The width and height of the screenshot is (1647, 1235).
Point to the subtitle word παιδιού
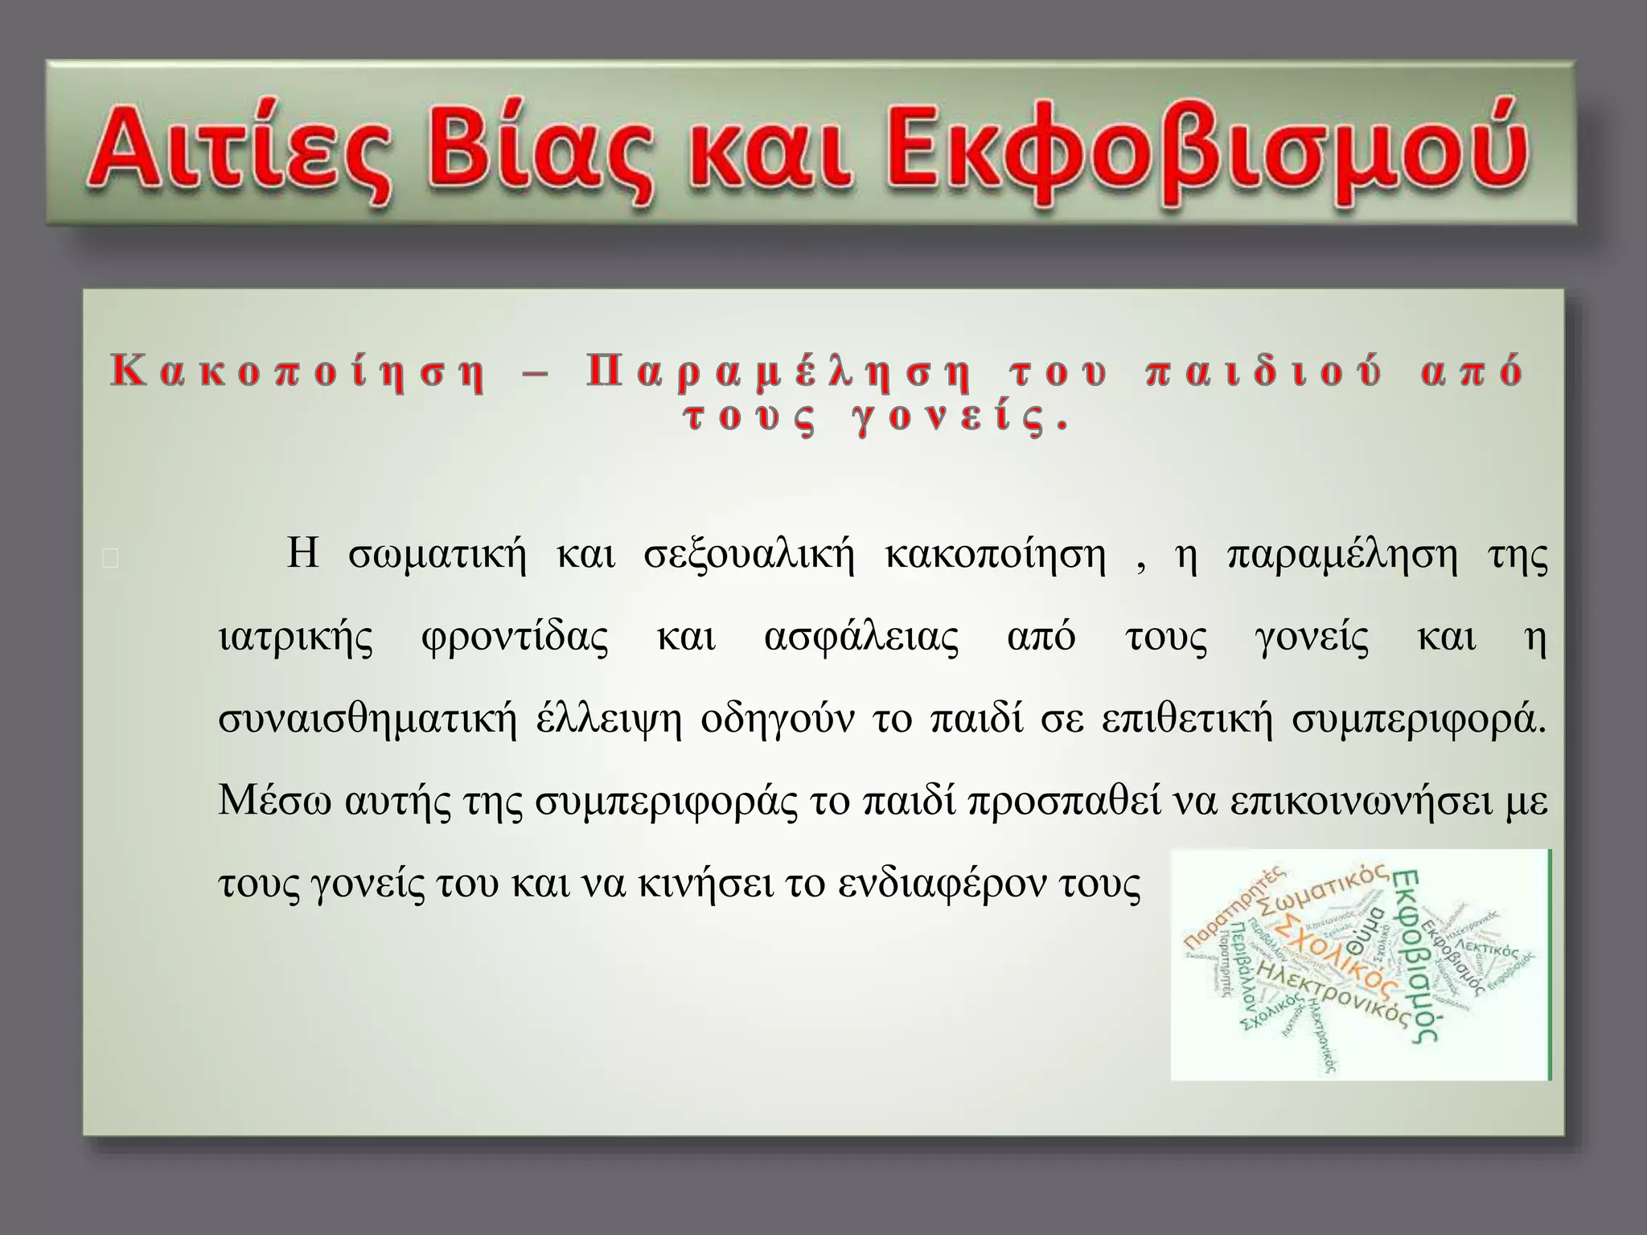(x=1263, y=372)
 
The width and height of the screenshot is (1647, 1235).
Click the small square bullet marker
(x=111, y=559)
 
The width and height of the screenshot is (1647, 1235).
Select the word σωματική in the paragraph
(x=437, y=555)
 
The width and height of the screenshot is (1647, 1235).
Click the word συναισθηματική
(x=368, y=720)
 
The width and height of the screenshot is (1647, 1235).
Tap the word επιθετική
(x=1187, y=720)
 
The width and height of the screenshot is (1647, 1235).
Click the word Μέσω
(x=273, y=802)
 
